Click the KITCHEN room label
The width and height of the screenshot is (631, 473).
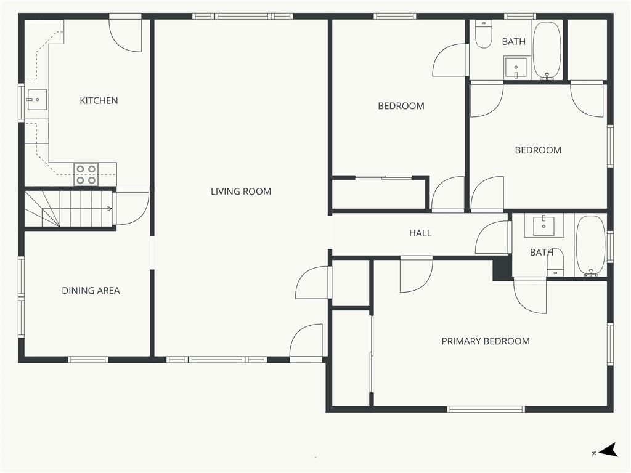(99, 100)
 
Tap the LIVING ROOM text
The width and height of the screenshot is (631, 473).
(241, 192)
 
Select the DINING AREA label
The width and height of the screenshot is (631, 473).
(91, 291)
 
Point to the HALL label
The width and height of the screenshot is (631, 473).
(420, 233)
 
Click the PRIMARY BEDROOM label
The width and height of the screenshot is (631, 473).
(486, 341)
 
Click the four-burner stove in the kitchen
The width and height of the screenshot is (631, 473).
(86, 174)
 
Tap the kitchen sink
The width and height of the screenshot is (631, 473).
(36, 99)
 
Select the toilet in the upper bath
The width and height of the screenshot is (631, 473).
(483, 34)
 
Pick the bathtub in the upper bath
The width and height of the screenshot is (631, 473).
(547, 50)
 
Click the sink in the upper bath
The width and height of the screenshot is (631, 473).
(516, 68)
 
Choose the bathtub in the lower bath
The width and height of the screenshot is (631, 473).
(591, 246)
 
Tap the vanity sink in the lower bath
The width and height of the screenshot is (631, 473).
(543, 226)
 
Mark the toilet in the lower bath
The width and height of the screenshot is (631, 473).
(555, 262)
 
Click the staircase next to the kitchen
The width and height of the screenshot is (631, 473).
(69, 209)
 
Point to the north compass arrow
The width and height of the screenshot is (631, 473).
(608, 450)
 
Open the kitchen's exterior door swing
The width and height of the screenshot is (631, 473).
(125, 34)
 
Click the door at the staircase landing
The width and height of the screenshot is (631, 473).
(131, 209)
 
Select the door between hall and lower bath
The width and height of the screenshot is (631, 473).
(492, 237)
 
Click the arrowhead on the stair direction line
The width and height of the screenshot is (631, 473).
(110, 208)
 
